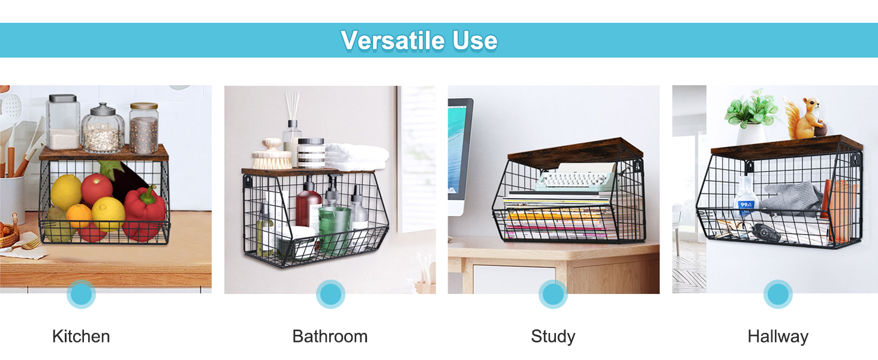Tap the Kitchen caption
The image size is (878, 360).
tap(81, 337)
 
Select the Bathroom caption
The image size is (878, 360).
tap(330, 337)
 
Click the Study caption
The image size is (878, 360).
tap(553, 337)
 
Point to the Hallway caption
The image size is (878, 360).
tap(778, 337)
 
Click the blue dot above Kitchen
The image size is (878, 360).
tap(81, 294)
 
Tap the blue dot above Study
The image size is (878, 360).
tap(553, 294)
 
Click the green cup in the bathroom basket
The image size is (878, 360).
tap(335, 230)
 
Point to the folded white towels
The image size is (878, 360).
tap(356, 156)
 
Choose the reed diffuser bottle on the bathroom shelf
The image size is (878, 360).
tap(293, 135)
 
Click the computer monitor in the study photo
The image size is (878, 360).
tap(460, 150)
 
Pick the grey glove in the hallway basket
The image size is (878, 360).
tap(792, 199)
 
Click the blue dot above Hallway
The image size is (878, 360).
tap(778, 294)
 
